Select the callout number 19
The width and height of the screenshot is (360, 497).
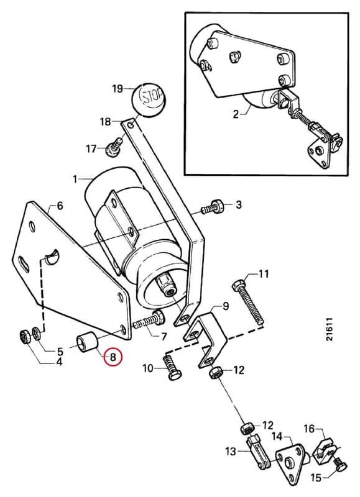(117, 88)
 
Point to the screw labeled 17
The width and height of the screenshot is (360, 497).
(114, 146)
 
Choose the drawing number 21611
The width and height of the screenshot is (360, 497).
(330, 329)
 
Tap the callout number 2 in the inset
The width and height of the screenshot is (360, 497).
(236, 114)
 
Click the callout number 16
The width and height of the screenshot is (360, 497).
(309, 429)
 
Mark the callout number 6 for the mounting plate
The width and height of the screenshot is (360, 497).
(60, 206)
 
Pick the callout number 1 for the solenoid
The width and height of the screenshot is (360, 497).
(75, 180)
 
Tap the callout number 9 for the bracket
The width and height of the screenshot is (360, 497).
(225, 306)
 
